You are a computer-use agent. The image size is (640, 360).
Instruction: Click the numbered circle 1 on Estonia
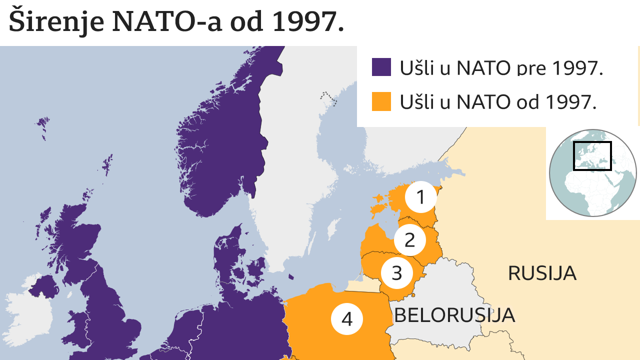[420, 197]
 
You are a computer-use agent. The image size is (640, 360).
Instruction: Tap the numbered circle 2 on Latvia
[409, 240]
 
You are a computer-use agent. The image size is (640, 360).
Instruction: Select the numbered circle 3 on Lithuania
[396, 273]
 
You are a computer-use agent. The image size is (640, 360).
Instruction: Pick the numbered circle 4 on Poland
[347, 318]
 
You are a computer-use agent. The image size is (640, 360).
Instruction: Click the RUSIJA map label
[542, 273]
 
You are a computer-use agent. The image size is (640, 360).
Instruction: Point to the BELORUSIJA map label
[454, 315]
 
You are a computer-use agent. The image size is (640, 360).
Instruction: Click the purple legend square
[381, 67]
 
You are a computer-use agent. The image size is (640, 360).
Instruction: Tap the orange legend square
[381, 101]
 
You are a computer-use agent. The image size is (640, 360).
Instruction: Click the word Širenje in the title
[56, 21]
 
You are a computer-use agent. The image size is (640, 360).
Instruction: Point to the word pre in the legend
[531, 68]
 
